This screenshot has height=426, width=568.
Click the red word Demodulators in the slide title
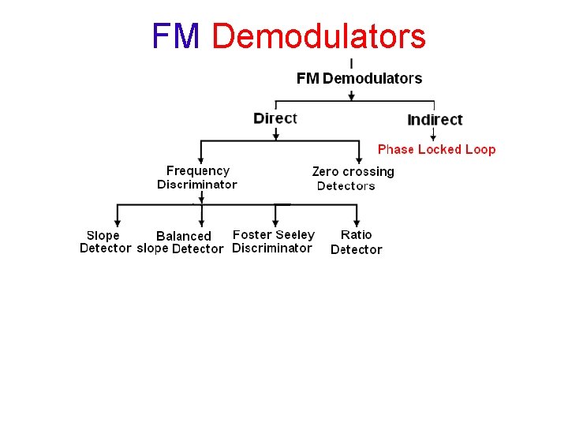click(319, 36)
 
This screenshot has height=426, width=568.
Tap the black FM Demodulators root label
click(359, 78)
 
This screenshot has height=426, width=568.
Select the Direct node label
click(275, 118)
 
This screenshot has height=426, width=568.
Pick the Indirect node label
click(435, 120)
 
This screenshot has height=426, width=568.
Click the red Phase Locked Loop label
click(436, 149)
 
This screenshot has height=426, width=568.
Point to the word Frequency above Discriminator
click(198, 170)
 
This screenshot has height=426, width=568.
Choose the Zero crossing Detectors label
click(353, 178)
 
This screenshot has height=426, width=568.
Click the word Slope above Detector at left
click(103, 235)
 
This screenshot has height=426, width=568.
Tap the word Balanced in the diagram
click(184, 236)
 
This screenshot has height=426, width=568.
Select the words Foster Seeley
click(274, 234)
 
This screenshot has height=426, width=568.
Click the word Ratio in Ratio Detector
click(356, 234)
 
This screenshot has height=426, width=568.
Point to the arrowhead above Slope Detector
click(118, 223)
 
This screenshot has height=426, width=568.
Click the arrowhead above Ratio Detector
click(357, 223)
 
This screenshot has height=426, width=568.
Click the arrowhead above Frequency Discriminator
click(201, 160)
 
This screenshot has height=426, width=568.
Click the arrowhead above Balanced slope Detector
click(202, 223)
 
